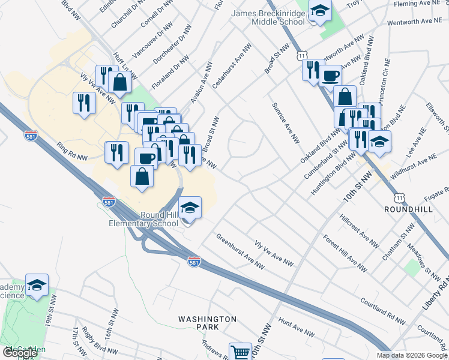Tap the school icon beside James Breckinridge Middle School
(x=320, y=11)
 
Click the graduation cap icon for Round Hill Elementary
(x=190, y=208)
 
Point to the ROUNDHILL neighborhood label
(x=408, y=209)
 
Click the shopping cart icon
(x=240, y=352)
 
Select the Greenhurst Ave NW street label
(x=240, y=251)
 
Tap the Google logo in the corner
(x=20, y=353)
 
